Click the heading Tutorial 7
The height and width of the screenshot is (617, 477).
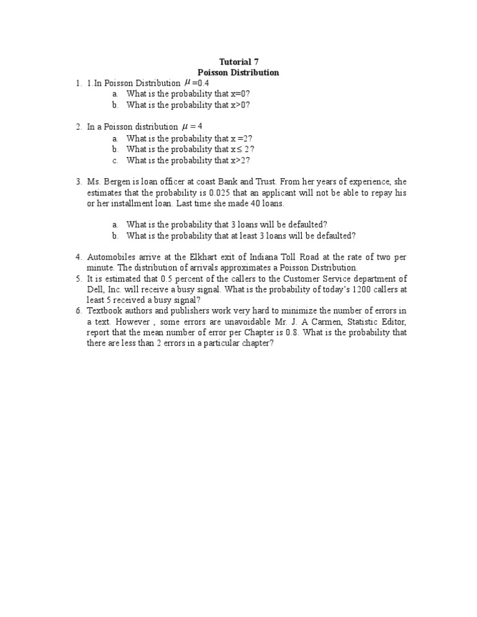[238, 62]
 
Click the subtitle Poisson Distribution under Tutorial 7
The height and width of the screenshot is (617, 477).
[238, 73]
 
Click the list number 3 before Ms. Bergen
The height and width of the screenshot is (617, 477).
[79, 182]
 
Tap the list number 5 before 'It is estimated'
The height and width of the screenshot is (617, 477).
[79, 279]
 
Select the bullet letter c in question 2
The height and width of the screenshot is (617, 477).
[116, 161]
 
